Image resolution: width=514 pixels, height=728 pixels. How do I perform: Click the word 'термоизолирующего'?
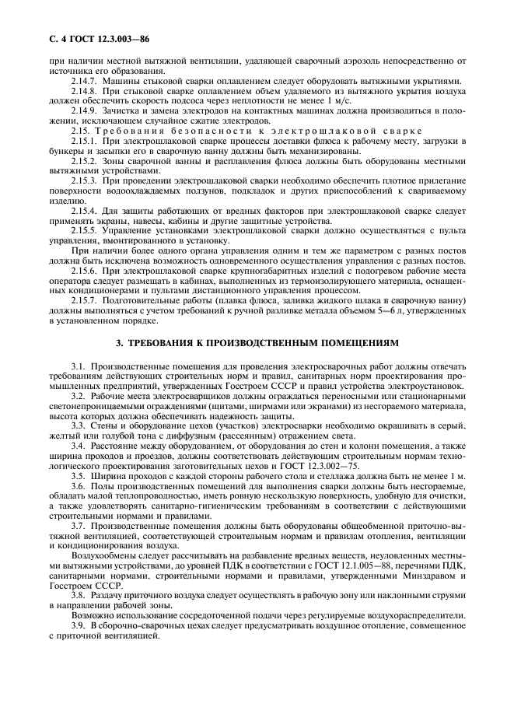(313, 280)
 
